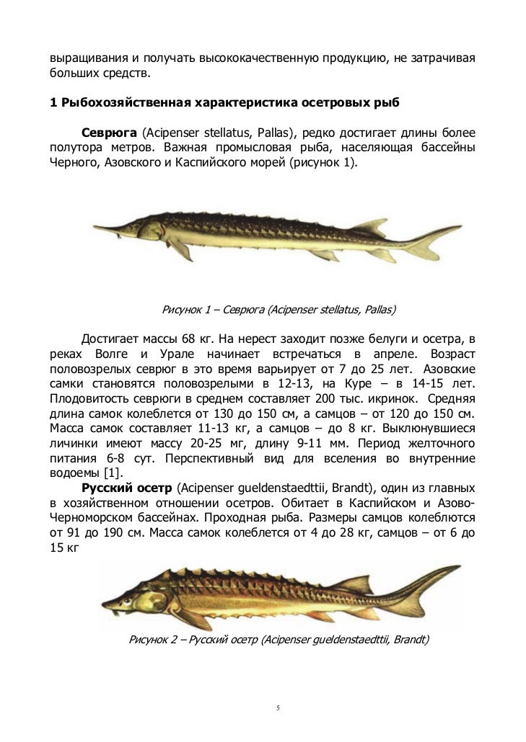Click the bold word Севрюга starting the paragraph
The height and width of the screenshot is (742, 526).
108,133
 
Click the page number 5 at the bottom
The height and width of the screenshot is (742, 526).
279,709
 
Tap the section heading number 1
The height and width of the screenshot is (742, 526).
53,102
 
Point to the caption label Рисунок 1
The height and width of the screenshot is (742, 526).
186,310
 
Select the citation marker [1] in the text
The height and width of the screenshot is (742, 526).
112,473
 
